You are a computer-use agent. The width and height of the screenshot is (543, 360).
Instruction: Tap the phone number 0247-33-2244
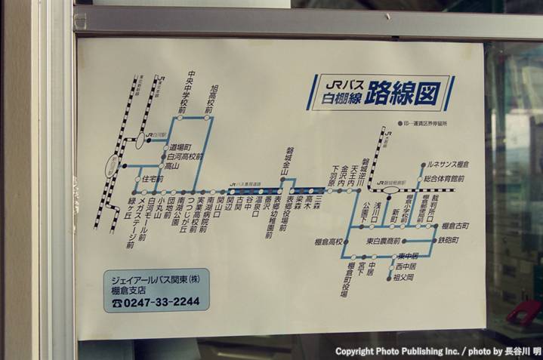(163, 301)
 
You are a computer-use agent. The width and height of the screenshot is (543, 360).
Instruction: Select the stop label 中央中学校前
(184, 94)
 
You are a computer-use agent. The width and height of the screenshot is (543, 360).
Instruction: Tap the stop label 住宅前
(153, 179)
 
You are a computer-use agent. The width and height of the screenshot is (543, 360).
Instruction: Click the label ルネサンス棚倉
(448, 164)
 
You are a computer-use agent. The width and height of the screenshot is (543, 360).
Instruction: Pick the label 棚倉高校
(329, 242)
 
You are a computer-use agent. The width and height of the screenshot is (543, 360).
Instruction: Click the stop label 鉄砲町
(448, 241)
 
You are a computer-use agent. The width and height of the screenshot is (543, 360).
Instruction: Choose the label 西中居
(406, 266)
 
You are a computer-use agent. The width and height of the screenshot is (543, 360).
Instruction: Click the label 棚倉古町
(455, 226)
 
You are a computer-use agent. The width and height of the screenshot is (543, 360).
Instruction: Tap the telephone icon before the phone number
(116, 302)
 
